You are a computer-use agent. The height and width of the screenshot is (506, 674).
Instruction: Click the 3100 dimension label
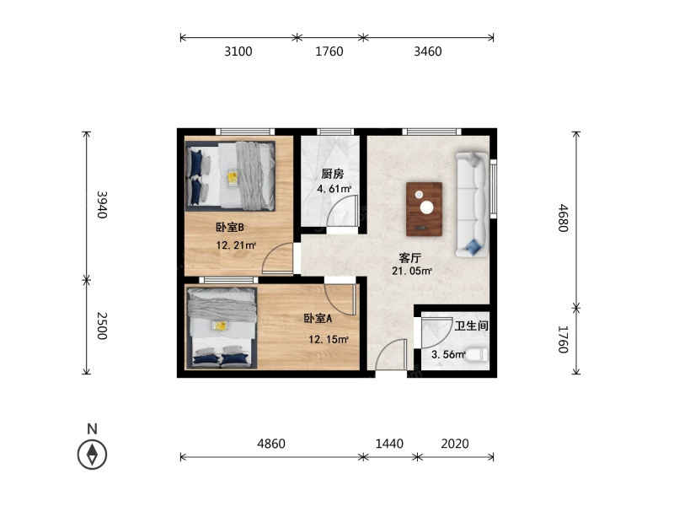point(238,51)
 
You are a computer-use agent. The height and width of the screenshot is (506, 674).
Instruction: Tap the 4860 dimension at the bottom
point(271,444)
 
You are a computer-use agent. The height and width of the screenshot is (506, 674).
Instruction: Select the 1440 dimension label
point(389,444)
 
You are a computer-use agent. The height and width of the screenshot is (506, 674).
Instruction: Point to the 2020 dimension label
point(455,444)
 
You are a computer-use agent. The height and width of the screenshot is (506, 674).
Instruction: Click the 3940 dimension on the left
point(102,205)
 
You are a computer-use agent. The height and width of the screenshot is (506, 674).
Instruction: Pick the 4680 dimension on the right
point(564,218)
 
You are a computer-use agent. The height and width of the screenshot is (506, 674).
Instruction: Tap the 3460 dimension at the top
point(428,51)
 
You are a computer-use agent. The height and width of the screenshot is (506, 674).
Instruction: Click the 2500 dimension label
point(102,326)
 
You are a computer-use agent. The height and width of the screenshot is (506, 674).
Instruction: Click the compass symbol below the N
point(92,455)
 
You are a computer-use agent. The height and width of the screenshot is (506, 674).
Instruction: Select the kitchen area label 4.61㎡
point(334,189)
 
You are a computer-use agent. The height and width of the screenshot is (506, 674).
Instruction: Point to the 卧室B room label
point(230,227)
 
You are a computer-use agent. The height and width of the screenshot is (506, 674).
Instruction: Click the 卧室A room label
point(318,319)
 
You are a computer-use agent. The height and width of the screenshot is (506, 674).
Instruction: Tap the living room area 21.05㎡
point(411,271)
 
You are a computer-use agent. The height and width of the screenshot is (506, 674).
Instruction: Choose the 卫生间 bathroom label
point(472,326)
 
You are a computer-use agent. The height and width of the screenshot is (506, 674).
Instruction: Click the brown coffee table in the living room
point(425,209)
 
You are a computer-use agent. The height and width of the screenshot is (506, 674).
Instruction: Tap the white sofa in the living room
point(472,204)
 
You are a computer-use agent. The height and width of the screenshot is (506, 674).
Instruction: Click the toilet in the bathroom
point(478,355)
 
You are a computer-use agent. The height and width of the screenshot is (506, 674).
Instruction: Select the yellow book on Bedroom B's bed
point(233,178)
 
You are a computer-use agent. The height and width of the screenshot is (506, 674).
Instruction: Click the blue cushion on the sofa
point(473,246)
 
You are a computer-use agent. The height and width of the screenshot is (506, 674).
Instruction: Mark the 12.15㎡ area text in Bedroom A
point(329,340)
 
